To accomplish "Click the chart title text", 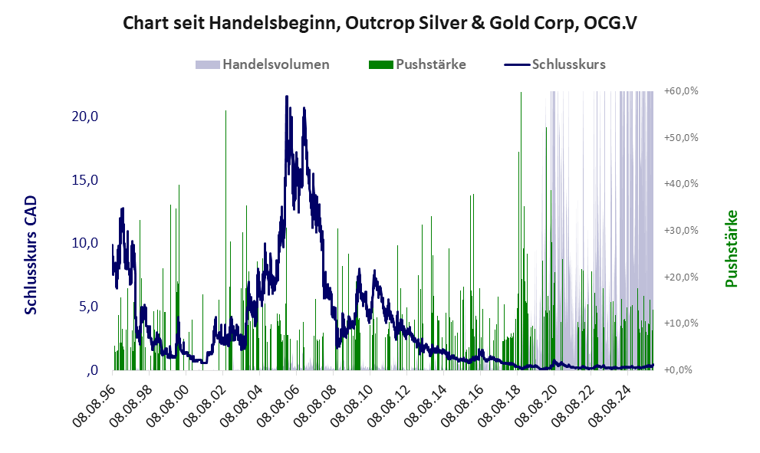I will pos(380,24).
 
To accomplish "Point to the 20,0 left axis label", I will pos(83,117).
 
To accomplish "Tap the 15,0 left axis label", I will pos(83,180).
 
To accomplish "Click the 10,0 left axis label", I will pos(83,243).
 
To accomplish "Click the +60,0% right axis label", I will pos(681,90).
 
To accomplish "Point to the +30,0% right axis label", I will pos(681,230).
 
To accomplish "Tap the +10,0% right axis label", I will pos(681,323).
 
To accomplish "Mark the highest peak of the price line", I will pos(287,97).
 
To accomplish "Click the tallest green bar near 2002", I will pos(225,112).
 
